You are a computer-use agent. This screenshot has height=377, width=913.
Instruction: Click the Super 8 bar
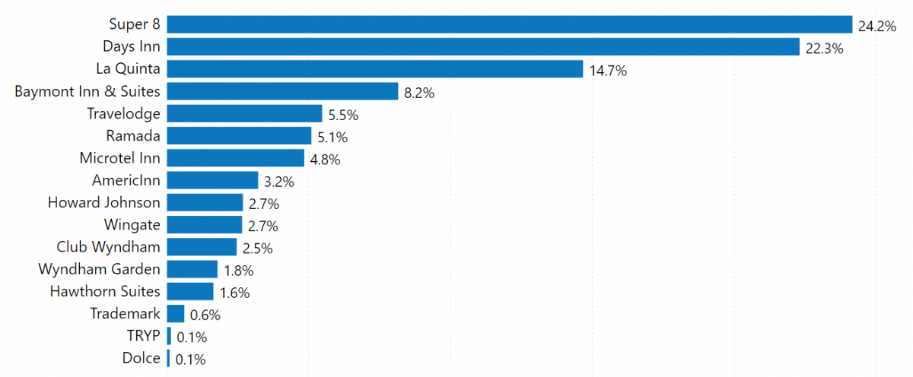coord(509,25)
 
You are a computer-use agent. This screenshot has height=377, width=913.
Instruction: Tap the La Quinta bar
coord(375,69)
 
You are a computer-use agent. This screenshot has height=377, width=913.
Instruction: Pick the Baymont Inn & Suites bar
coord(282,92)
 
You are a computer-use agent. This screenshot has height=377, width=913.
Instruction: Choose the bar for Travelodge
coord(244,114)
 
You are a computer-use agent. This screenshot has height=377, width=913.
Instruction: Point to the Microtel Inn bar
coord(234,158)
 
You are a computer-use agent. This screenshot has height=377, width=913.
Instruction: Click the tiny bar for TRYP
coord(169,336)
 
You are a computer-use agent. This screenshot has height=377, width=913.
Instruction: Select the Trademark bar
coord(176,314)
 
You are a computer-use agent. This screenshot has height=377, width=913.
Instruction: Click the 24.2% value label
coord(876,26)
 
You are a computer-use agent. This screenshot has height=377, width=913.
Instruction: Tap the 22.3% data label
coord(824,49)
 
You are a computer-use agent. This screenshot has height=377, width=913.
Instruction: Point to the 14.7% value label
coord(608,71)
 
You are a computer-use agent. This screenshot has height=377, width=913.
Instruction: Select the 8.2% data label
coord(419,93)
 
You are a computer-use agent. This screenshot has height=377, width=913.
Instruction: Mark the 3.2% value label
coord(279,182)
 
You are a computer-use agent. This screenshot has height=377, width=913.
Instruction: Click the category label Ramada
coord(133,136)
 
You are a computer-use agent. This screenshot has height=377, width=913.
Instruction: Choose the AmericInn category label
coord(126,180)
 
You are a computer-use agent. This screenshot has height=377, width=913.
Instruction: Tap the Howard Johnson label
coord(103,202)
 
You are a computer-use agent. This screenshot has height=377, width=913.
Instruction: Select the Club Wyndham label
coord(108,247)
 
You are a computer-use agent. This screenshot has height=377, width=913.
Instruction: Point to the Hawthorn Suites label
coord(105,291)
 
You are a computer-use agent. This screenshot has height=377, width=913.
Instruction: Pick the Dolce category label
coord(141,358)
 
